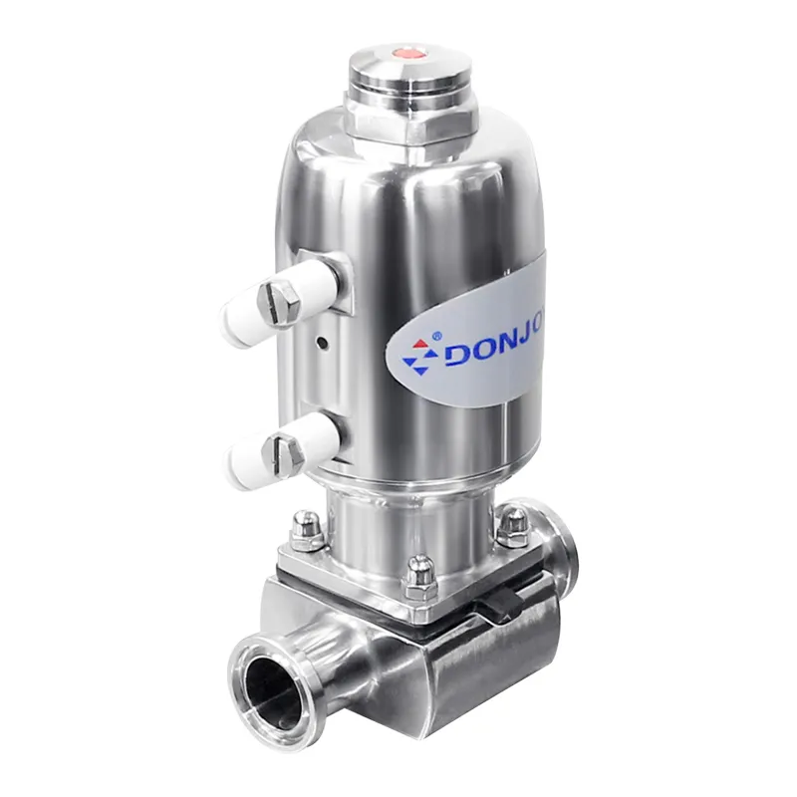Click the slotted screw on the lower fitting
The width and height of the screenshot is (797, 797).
[284, 453]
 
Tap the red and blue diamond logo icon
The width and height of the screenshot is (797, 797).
[418, 354]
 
